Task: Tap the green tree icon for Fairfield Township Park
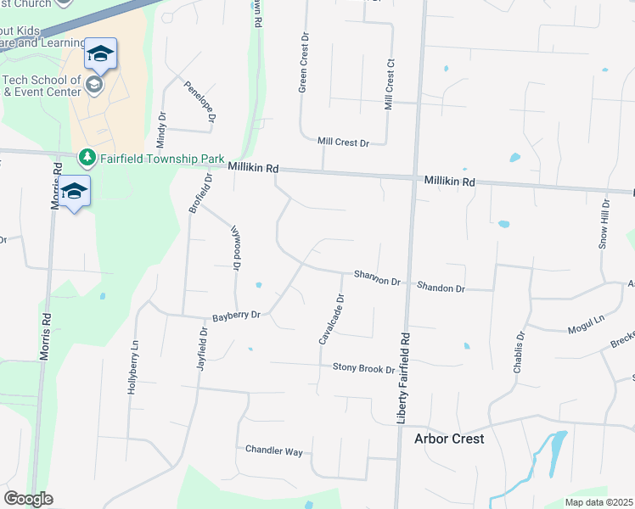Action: tap(87, 158)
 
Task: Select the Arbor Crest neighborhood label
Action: tap(449, 439)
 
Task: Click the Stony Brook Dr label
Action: tap(363, 369)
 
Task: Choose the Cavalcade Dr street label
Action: tap(332, 319)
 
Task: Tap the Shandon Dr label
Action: tap(441, 288)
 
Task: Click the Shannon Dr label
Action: tap(377, 277)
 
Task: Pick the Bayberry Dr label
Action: tap(237, 315)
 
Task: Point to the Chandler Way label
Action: tap(274, 451)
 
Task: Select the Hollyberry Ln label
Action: tap(134, 366)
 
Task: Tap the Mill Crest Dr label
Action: tap(343, 143)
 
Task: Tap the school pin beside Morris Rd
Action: tap(75, 192)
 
